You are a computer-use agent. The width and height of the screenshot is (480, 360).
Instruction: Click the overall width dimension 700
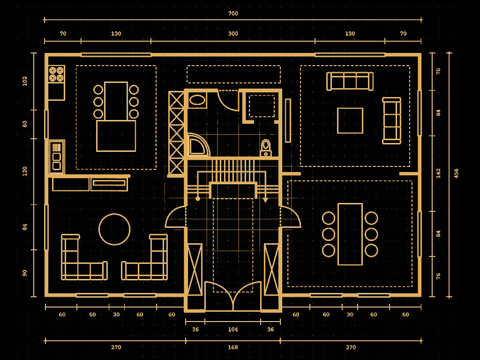tap(233, 14)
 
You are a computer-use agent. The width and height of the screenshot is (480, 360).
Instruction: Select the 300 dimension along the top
tap(233, 34)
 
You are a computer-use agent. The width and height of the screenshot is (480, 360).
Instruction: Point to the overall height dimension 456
tap(456, 173)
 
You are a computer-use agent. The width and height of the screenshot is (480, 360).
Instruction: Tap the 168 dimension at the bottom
tap(233, 347)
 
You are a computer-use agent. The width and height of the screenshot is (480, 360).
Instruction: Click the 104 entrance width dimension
tap(233, 330)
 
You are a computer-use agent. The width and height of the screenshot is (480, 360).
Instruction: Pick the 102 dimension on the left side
tap(25, 81)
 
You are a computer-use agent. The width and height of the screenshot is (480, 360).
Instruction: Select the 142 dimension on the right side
tap(438, 173)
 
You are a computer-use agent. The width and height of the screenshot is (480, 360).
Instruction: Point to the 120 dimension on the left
tap(25, 171)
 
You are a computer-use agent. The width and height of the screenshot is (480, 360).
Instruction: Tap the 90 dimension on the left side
tap(25, 273)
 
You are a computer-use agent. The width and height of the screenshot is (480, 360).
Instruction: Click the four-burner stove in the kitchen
tap(57, 74)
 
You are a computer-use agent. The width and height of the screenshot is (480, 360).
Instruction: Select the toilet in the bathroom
tap(266, 147)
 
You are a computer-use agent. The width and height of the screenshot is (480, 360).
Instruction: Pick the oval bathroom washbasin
tap(197, 100)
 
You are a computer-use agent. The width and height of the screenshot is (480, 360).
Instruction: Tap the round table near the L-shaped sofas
tap(114, 229)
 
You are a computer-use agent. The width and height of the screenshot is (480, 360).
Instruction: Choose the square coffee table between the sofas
tap(350, 121)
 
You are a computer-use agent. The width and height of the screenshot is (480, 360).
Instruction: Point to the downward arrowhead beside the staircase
tap(265, 200)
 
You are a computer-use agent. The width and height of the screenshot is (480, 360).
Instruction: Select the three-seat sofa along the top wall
tap(350, 81)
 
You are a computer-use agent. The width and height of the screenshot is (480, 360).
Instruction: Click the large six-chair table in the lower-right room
tap(350, 234)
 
